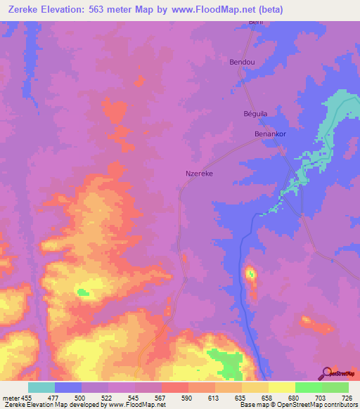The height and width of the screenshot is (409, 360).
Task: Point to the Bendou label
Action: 243,62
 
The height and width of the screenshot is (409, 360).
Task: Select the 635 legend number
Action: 242,397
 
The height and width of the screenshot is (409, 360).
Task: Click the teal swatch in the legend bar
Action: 41,387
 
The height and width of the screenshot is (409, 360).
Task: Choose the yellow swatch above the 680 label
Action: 281,387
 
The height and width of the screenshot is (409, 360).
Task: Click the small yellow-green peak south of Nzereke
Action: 250,273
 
